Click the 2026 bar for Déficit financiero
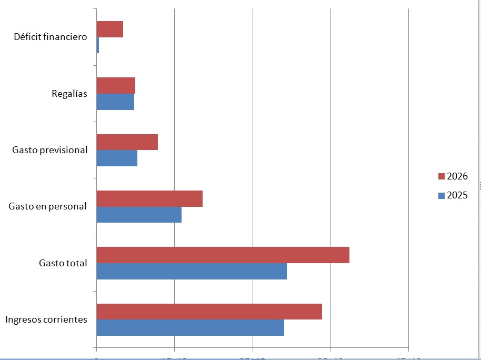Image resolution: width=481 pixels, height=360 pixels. pyautogui.click(x=109, y=29)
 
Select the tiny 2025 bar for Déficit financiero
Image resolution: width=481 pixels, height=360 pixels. pyautogui.click(x=98, y=45)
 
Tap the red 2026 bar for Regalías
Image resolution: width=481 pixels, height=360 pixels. pyautogui.click(x=116, y=86)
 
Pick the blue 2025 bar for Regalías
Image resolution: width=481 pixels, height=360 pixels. pyautogui.click(x=115, y=102)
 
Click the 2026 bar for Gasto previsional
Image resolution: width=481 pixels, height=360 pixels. pyautogui.click(x=127, y=142)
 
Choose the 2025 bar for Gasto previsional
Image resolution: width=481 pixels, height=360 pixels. pyautogui.click(x=117, y=158)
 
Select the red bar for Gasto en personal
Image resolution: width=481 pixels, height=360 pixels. pyautogui.click(x=149, y=198)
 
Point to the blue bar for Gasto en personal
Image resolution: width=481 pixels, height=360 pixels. pyautogui.click(x=139, y=215)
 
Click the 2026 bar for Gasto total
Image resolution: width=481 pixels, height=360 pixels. pyautogui.click(x=223, y=255)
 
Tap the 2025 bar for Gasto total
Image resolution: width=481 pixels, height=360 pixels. pyautogui.click(x=192, y=271)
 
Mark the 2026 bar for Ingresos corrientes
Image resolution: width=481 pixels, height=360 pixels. pyautogui.click(x=209, y=311)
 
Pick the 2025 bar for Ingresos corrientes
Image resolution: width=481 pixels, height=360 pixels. pyautogui.click(x=190, y=327)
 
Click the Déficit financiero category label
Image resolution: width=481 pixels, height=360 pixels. pyautogui.click(x=51, y=37)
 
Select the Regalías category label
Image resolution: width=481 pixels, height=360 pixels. pyautogui.click(x=69, y=94)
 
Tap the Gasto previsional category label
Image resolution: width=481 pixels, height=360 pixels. pyautogui.click(x=50, y=150)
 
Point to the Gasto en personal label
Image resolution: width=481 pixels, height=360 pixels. pyautogui.click(x=47, y=206)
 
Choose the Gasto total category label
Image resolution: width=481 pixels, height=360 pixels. pyautogui.click(x=63, y=263)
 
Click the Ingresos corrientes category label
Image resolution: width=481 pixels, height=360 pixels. pyautogui.click(x=46, y=319)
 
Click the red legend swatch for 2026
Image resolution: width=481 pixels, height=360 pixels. pyautogui.click(x=441, y=176)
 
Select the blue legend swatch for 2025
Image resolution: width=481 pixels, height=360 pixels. pyautogui.click(x=441, y=195)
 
